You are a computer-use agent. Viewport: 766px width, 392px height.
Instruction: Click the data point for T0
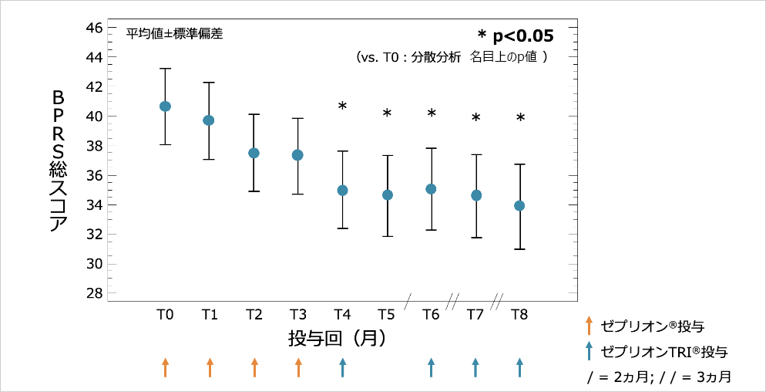[165, 106]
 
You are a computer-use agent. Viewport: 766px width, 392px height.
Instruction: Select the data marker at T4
[342, 190]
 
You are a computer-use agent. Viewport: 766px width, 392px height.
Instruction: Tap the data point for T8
[519, 205]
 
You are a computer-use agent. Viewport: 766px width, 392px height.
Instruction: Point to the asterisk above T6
[432, 114]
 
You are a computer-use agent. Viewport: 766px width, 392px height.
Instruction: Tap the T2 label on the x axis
[254, 314]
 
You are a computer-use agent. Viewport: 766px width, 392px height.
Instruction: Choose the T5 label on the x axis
[387, 314]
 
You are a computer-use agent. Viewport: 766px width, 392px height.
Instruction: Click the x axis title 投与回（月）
[336, 338]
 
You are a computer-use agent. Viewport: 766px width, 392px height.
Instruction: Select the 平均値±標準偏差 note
[175, 34]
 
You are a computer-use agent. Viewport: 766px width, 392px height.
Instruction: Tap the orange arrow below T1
[210, 367]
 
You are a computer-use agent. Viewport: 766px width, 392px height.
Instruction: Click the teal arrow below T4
[342, 367]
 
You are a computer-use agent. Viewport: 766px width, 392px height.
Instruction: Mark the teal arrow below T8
[519, 367]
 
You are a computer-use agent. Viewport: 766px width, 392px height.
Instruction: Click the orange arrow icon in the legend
[589, 326]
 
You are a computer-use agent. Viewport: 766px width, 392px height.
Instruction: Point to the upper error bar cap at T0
[165, 69]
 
